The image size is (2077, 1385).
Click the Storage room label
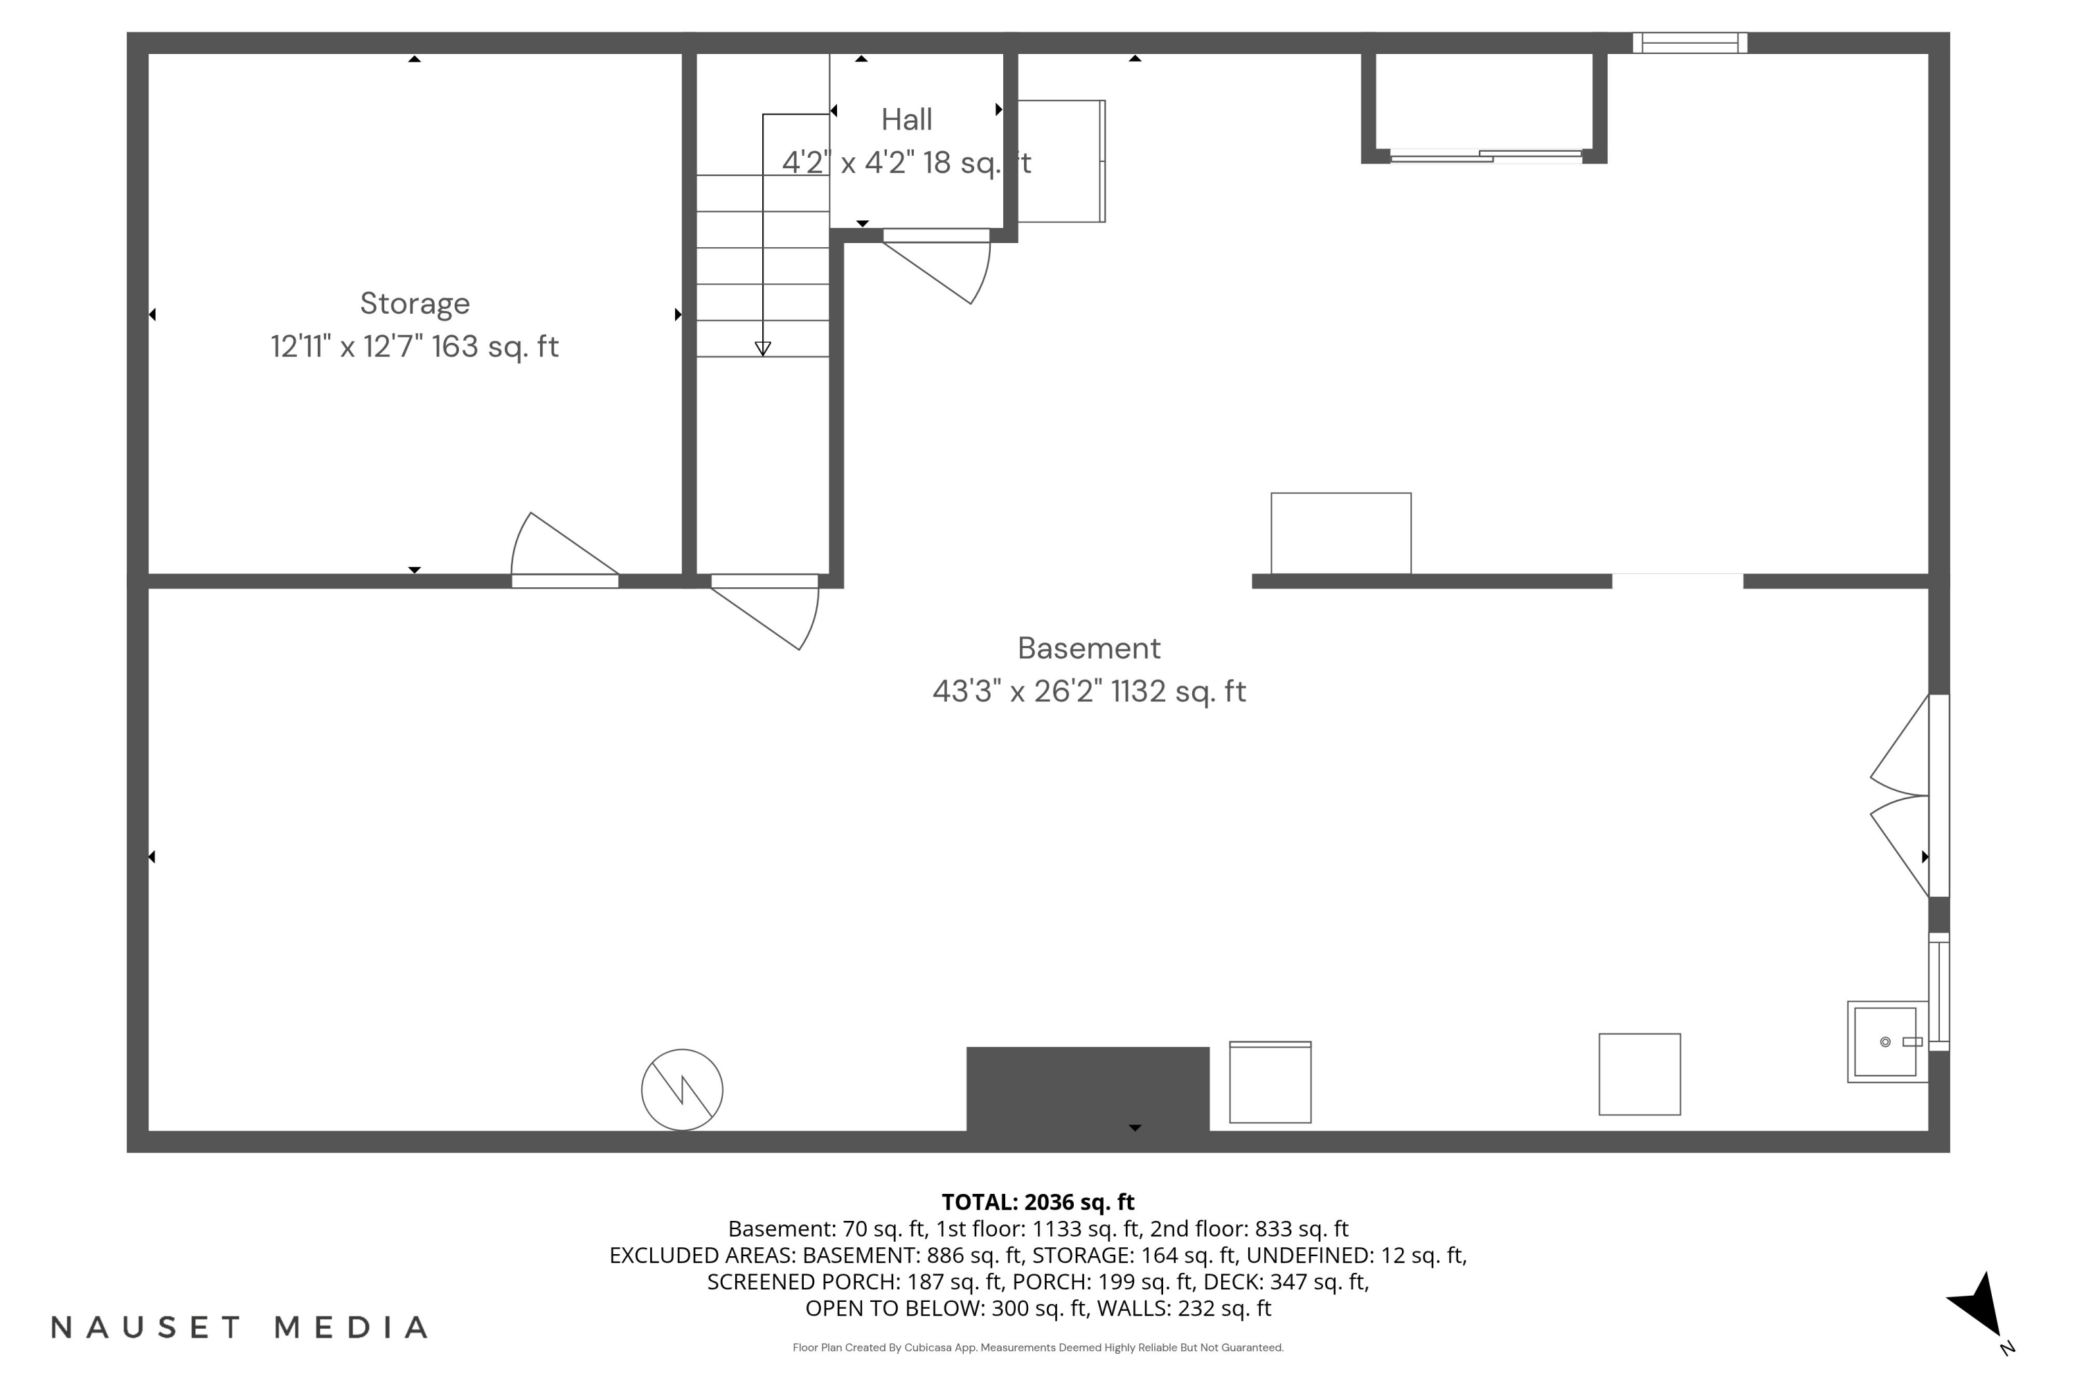point(414,303)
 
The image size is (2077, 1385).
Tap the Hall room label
point(906,119)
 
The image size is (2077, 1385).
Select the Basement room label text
point(1089,648)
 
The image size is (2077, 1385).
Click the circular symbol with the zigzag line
point(682,1089)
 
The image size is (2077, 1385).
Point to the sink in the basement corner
point(1886,1042)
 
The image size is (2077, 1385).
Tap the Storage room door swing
point(557,548)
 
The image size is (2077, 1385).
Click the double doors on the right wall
point(1907,795)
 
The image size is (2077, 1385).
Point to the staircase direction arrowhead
point(763,349)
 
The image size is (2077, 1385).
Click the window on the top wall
point(1689,42)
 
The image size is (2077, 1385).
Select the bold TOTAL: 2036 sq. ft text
point(1038,1202)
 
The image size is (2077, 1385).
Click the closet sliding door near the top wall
point(1486,157)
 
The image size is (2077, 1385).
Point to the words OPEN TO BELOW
point(894,1308)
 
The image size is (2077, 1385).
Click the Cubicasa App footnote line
point(1038,1347)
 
